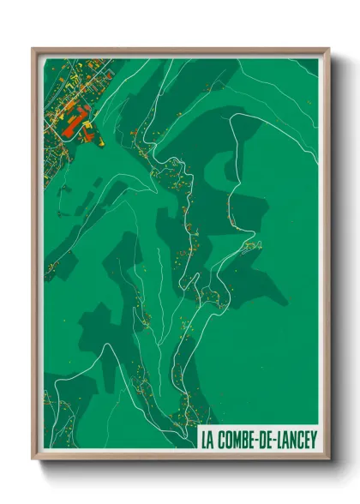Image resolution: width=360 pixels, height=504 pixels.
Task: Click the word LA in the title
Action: click(207, 440)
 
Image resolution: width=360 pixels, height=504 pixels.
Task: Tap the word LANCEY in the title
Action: click(296, 440)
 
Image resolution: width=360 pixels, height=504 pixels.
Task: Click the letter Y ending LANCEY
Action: click(314, 440)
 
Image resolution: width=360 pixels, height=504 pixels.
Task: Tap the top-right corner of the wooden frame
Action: click(328, 49)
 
